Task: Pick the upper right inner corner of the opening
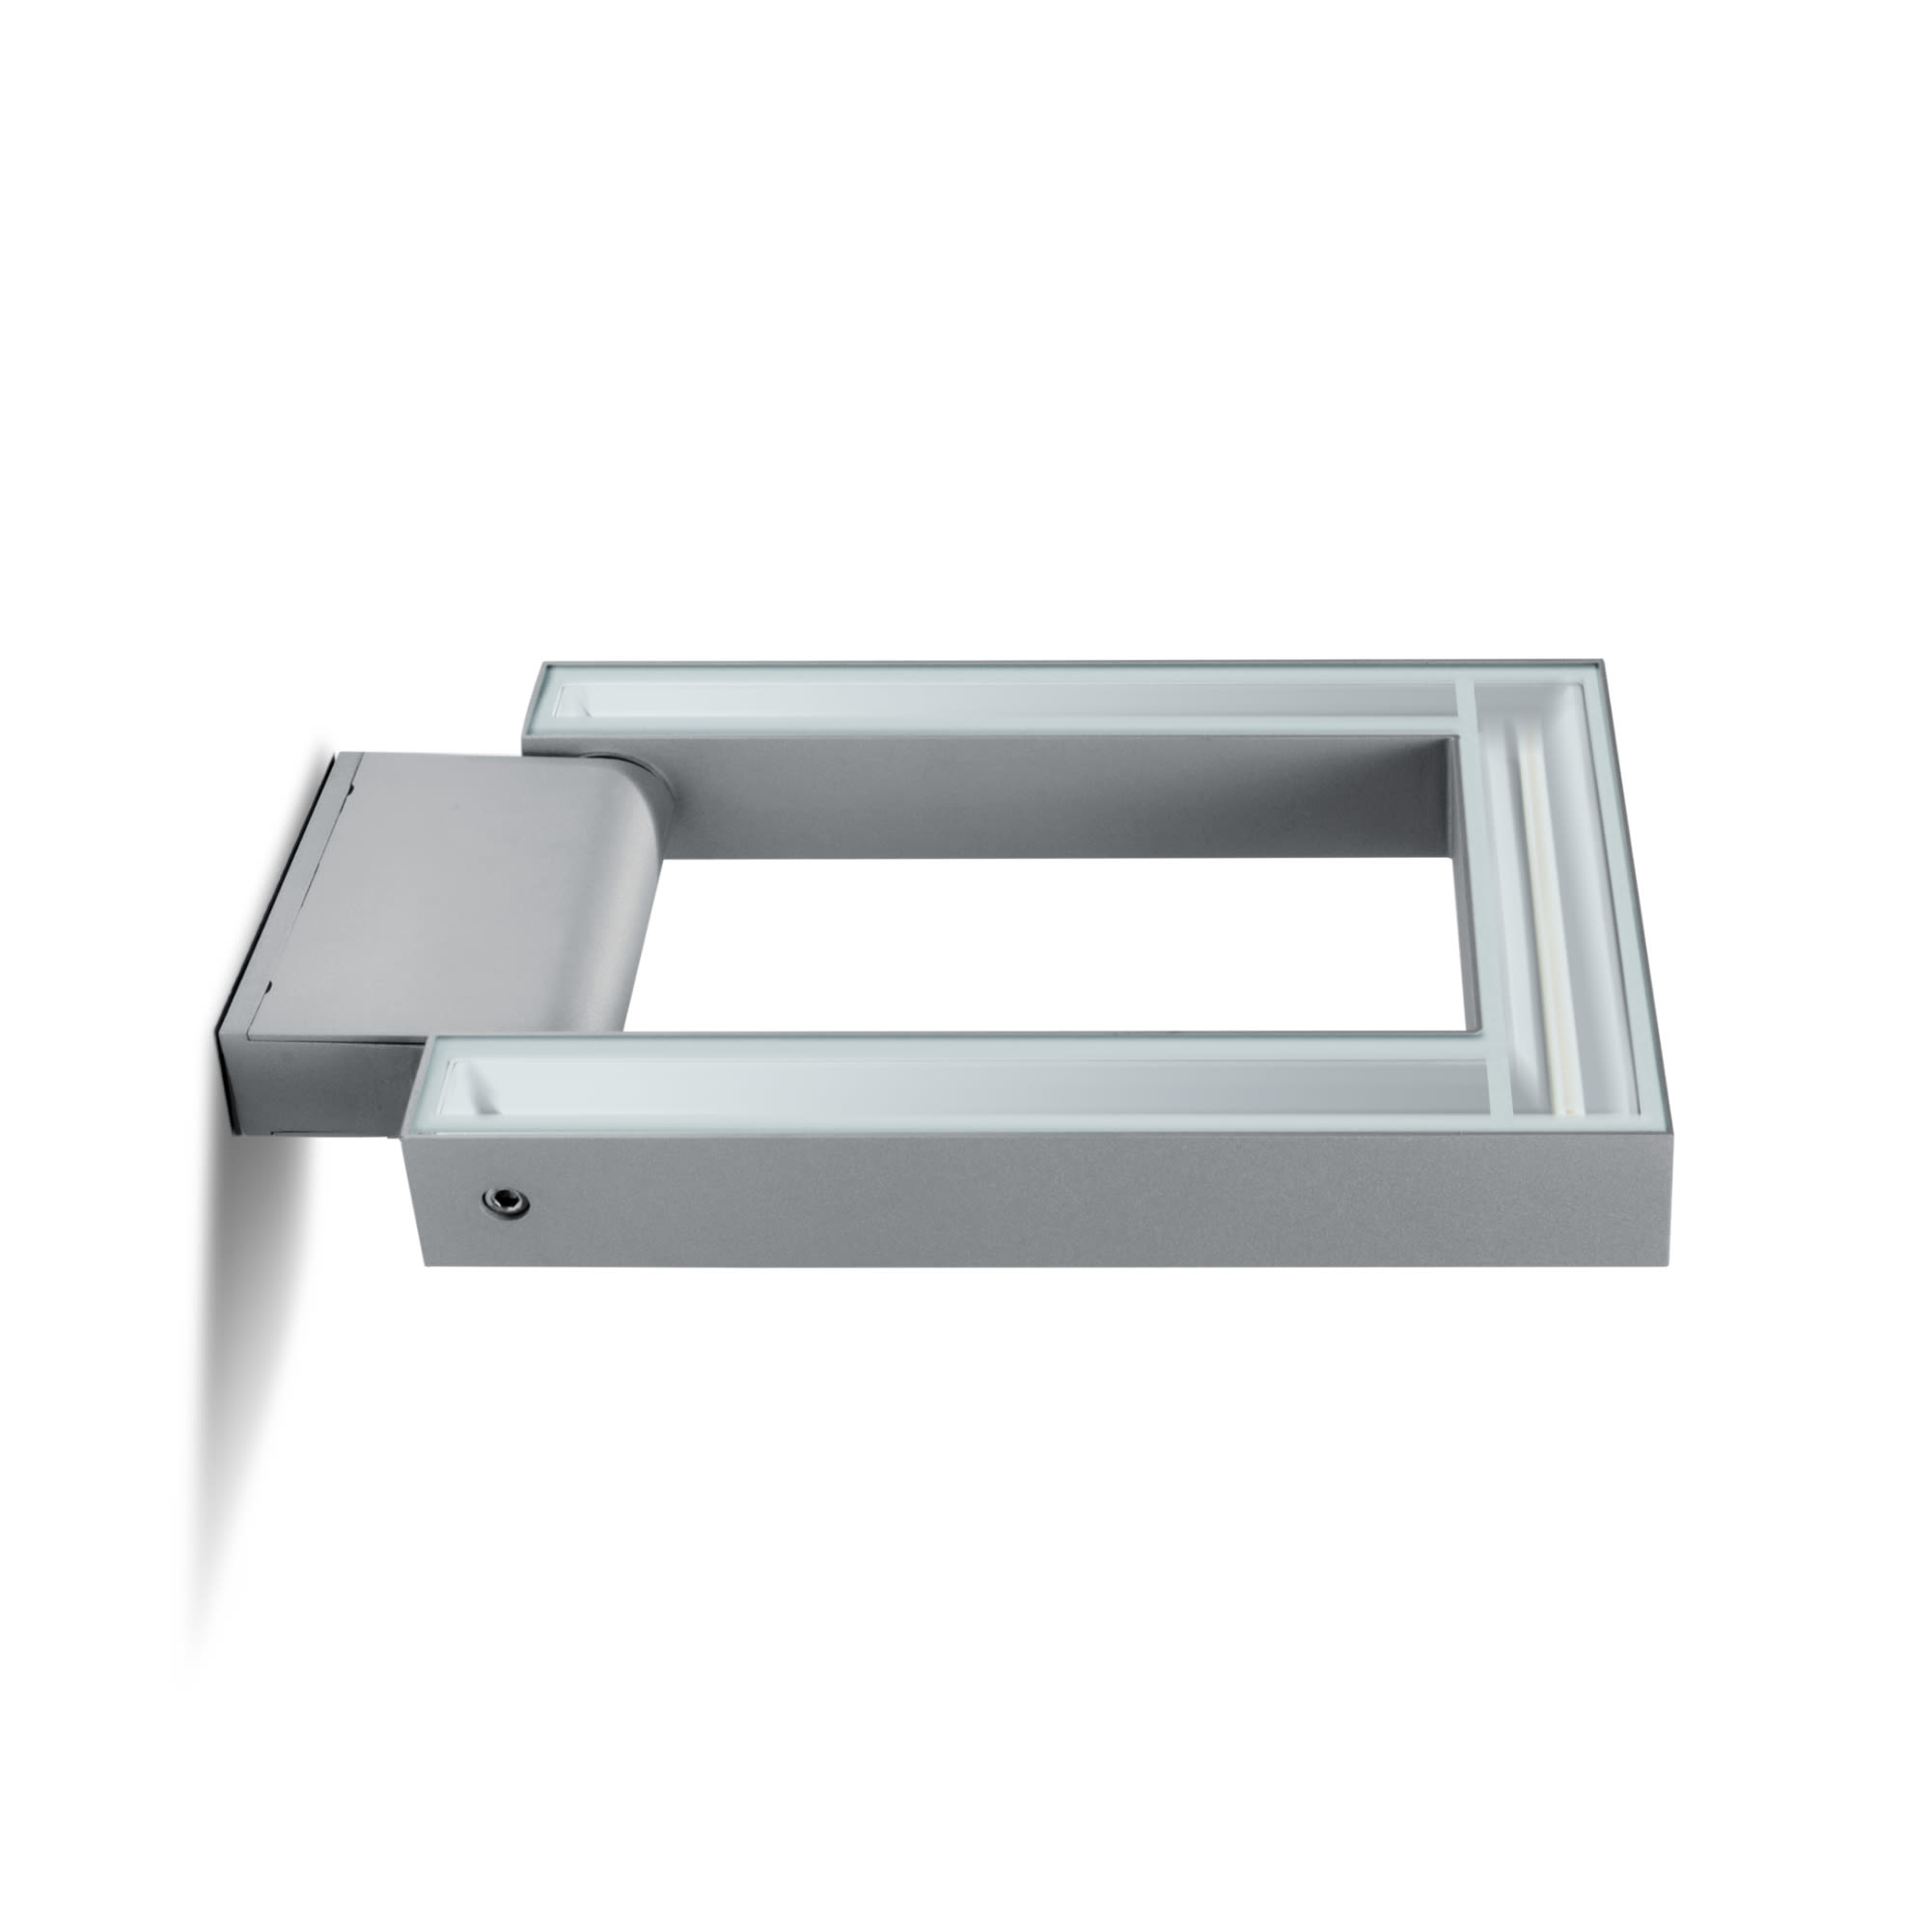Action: point(1458,739)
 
